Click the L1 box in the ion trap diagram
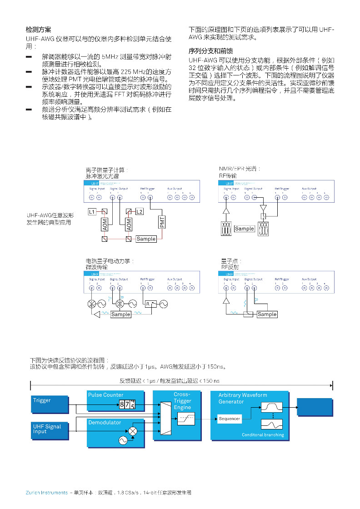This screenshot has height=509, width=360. [92, 212]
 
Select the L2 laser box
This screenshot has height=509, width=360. [139, 212]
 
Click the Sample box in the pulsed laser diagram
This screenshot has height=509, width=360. [146, 239]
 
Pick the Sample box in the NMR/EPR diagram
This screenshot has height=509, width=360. [244, 229]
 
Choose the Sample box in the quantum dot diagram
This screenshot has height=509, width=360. [267, 314]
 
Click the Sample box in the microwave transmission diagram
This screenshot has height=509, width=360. [120, 314]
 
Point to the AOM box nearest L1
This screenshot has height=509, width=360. [104, 224]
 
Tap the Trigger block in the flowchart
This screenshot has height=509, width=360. [42, 400]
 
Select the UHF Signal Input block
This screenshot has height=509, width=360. [47, 429]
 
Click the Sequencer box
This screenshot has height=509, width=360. [230, 419]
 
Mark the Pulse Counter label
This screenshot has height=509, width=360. [106, 395]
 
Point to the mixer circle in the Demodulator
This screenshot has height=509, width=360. [133, 430]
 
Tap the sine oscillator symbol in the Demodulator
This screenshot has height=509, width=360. [122, 440]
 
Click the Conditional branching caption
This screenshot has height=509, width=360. [263, 435]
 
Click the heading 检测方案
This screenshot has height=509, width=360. [39, 29]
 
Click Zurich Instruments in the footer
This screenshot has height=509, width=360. [46, 493]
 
